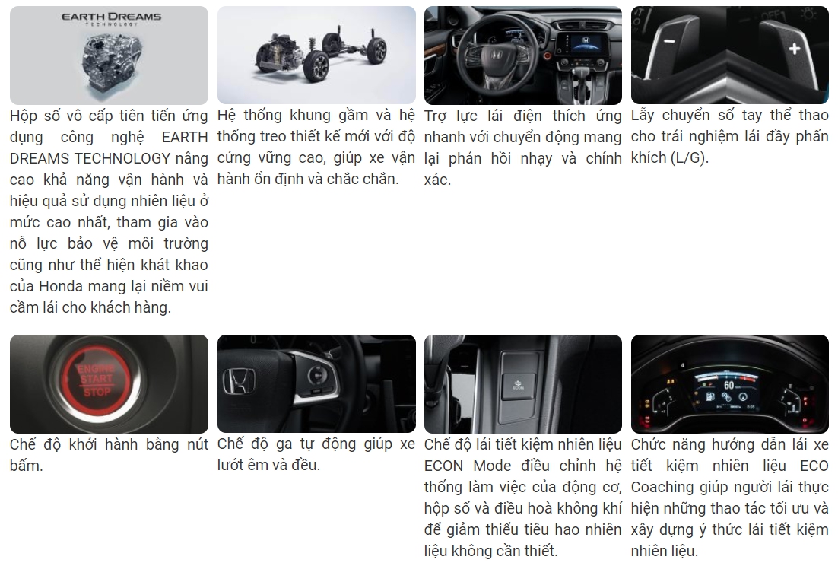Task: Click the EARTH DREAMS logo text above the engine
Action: [x=111, y=17]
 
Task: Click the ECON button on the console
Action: [x=517, y=384]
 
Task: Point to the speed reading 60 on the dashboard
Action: [x=729, y=385]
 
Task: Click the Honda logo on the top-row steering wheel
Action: [x=496, y=55]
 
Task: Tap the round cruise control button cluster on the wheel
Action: [x=316, y=376]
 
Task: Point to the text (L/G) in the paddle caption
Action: [x=689, y=158]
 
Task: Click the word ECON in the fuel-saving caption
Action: [x=443, y=466]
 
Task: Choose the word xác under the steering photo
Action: [x=437, y=180]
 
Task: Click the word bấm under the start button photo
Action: [x=26, y=466]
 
